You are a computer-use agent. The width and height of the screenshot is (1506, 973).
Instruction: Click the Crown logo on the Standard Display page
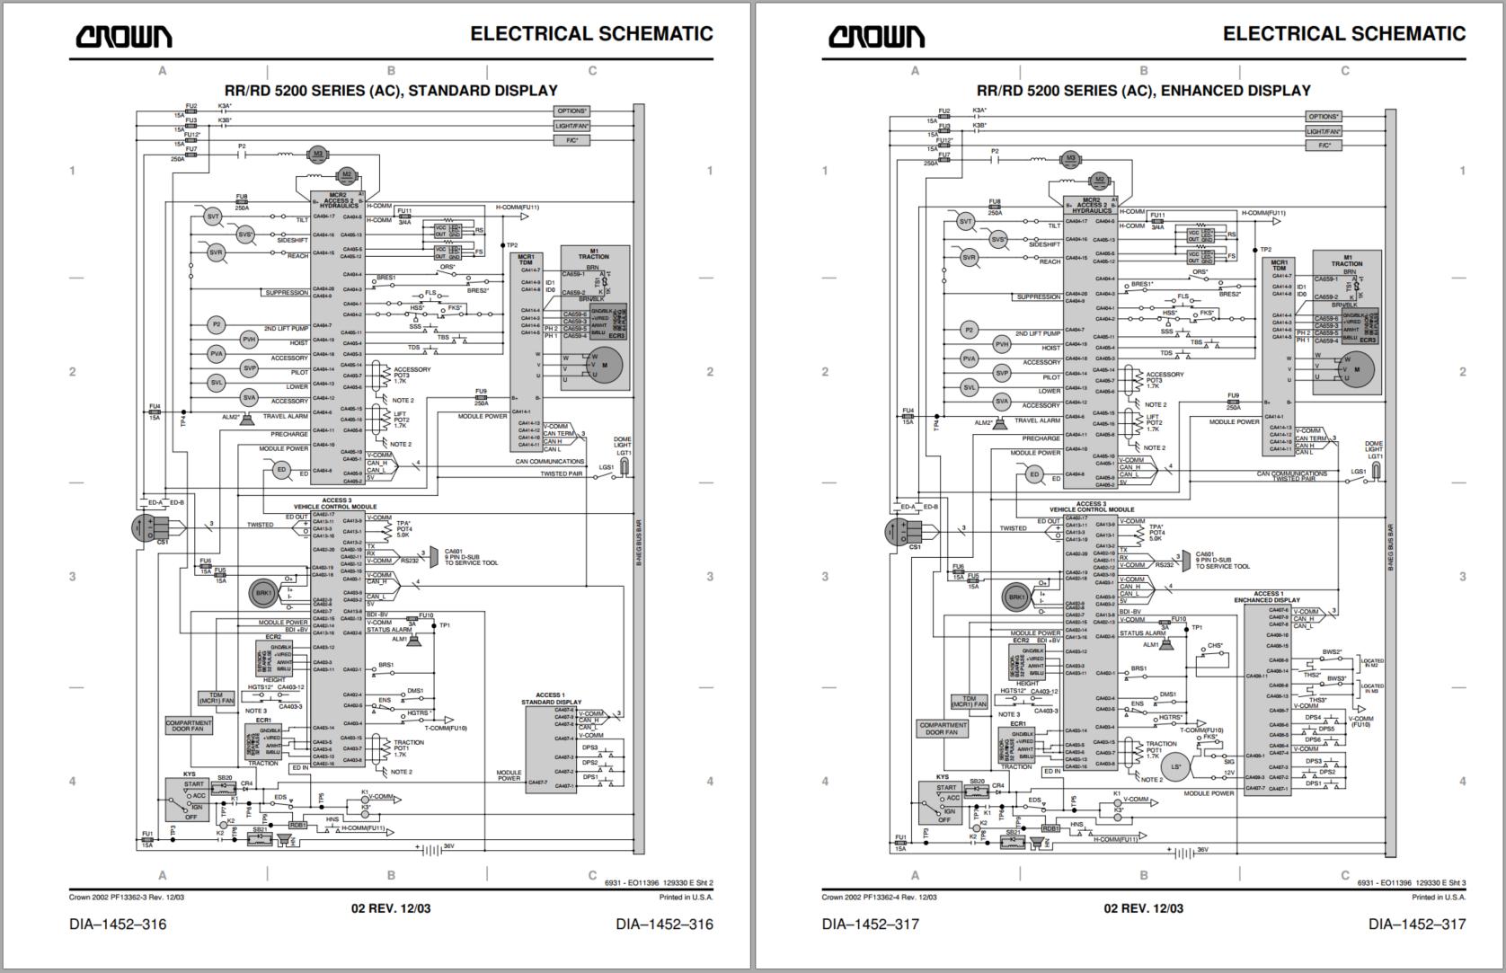click(x=123, y=36)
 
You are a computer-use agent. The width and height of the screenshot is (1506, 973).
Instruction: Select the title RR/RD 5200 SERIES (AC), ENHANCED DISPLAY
click(x=1143, y=91)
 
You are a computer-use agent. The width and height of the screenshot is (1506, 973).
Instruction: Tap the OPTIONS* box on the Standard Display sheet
click(x=571, y=111)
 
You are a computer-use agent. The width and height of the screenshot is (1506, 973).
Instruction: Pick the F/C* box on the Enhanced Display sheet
click(x=1324, y=146)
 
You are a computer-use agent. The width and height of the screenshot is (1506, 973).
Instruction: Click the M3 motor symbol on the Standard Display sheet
click(x=317, y=154)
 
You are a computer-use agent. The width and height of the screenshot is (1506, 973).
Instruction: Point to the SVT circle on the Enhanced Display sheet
click(x=965, y=221)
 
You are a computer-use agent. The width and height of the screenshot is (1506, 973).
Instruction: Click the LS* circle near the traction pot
click(x=1174, y=766)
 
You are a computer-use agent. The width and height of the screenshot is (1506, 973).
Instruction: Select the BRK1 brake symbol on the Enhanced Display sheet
click(x=1016, y=597)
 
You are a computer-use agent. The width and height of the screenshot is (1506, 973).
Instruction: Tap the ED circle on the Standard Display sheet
click(x=281, y=470)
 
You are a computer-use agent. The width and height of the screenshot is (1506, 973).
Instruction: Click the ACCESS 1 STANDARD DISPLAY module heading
click(x=550, y=698)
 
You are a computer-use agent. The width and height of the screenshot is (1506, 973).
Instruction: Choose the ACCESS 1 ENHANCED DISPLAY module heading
click(x=1267, y=597)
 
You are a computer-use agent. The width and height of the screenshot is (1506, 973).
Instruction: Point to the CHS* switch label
click(x=1215, y=645)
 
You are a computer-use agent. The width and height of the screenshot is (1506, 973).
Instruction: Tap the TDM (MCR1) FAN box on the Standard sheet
click(x=216, y=698)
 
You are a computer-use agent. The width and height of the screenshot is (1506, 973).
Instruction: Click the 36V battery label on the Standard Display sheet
click(x=449, y=846)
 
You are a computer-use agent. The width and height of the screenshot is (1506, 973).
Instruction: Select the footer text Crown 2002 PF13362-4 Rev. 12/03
click(x=879, y=897)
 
